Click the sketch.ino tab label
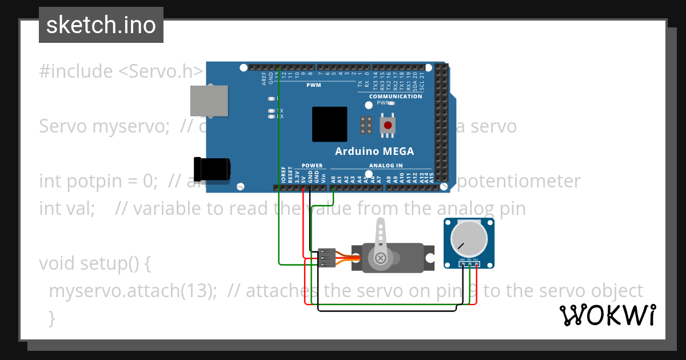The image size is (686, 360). tap(101, 25)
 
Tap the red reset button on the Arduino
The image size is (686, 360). tap(388, 125)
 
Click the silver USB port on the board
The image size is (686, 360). tap(209, 101)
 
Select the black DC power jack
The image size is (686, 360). tap(212, 167)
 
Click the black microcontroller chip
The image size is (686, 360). tap(329, 124)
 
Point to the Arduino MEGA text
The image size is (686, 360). tap(374, 151)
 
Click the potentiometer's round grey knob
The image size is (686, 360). tap(469, 239)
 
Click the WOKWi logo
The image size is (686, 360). tap(607, 315)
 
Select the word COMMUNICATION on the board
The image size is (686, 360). tap(396, 97)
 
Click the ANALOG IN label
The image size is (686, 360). tap(385, 166)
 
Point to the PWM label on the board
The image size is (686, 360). tap(314, 85)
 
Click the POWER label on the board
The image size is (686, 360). tap(312, 166)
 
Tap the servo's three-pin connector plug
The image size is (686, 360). tap(327, 258)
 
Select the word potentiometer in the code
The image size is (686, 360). tap(520, 181)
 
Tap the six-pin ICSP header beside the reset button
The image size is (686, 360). tap(366, 125)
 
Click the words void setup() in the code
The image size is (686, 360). tap(94, 263)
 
